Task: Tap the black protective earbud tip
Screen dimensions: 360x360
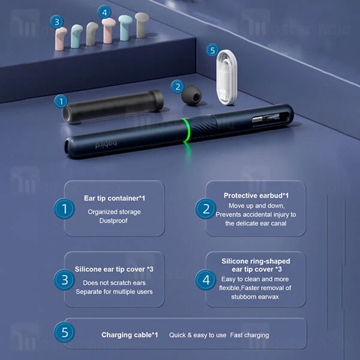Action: tap(191, 95)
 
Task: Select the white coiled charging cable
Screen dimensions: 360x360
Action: tap(227, 77)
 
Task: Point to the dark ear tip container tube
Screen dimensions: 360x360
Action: tap(113, 106)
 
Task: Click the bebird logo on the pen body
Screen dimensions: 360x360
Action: tap(106, 144)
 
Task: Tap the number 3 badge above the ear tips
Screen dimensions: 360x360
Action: tap(56, 22)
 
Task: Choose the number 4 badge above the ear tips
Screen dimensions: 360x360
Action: tap(104, 12)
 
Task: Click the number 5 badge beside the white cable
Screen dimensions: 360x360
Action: tap(212, 50)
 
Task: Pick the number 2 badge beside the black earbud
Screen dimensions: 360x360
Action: tap(177, 87)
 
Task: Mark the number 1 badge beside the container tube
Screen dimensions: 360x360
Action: tap(61, 101)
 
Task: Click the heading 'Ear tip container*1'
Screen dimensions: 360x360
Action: tap(115, 198)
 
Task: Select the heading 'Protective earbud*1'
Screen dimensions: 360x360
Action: tap(256, 196)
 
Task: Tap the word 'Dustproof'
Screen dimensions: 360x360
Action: tap(113, 221)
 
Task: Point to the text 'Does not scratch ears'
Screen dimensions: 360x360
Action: tap(114, 283)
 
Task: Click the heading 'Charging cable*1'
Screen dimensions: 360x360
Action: tap(130, 335)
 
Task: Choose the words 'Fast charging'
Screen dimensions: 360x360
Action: tap(250, 335)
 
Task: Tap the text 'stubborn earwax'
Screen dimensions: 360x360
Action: tap(255, 296)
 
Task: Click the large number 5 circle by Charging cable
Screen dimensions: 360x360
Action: tap(65, 332)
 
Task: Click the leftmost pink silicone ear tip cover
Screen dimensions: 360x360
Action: tap(61, 38)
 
